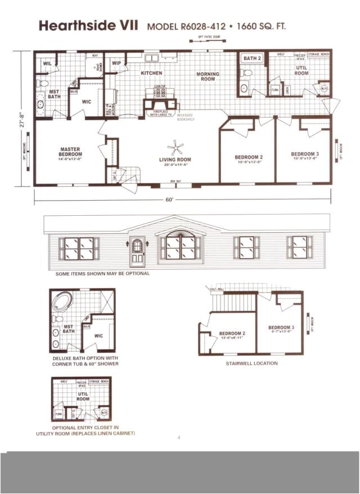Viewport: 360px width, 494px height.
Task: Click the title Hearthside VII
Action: [88, 26]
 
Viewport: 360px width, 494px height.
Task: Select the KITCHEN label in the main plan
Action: [151, 73]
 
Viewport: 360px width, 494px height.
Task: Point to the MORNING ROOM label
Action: [208, 76]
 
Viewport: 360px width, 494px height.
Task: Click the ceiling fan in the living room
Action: [178, 148]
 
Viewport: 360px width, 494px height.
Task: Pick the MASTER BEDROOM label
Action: [70, 152]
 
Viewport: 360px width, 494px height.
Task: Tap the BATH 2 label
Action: [252, 58]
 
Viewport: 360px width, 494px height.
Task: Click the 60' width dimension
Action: [169, 199]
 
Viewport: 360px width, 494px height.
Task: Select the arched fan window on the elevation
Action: [181, 232]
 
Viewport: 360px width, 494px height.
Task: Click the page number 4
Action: [179, 438]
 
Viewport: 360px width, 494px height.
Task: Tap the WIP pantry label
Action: [117, 63]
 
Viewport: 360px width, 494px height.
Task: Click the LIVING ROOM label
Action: [175, 160]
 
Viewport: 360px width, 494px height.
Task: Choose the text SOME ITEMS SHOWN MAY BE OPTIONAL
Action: [102, 274]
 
